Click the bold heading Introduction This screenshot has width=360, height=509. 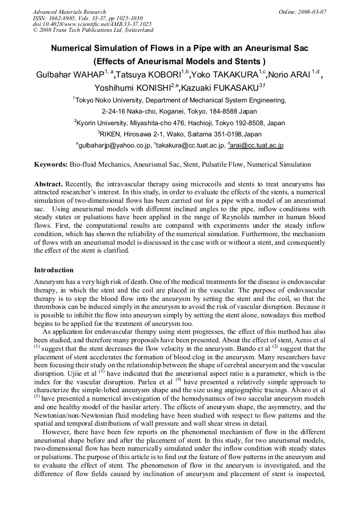tap(54, 270)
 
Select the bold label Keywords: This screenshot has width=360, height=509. tap(51, 165)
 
